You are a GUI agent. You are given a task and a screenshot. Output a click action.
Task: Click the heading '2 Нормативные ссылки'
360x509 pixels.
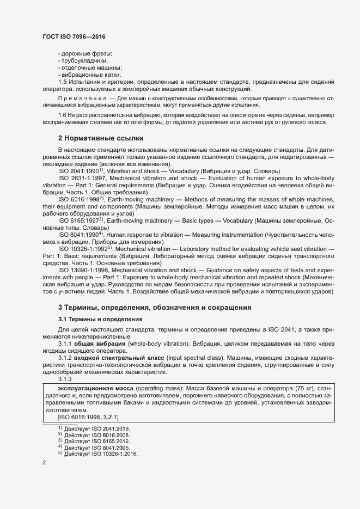pyautogui.click(x=100, y=138)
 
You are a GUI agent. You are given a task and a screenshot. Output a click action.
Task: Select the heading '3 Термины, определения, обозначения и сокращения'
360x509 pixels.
pyautogui.click(x=155, y=308)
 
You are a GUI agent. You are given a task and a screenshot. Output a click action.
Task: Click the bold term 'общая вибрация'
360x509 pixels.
pyautogui.click(x=101, y=344)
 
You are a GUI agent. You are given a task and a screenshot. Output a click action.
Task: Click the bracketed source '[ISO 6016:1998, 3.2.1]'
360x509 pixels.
pyautogui.click(x=88, y=417)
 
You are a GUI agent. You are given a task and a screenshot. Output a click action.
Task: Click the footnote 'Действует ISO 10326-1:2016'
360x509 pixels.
pyautogui.click(x=101, y=453)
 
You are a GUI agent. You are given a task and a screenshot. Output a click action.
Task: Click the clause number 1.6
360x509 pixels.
pyautogui.click(x=62, y=115)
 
